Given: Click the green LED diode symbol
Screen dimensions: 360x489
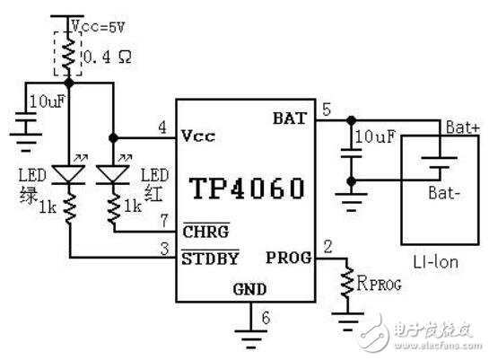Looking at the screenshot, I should pos(69,171).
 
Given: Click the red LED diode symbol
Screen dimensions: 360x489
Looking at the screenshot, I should pos(112,171).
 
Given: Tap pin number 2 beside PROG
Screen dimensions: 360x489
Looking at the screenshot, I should pos(327,245).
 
